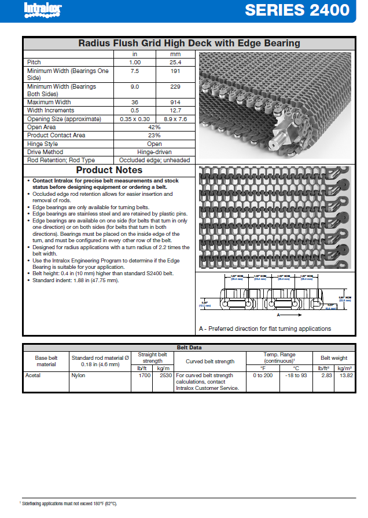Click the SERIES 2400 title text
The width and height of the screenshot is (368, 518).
click(x=297, y=10)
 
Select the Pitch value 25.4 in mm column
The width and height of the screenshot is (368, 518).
click(x=175, y=62)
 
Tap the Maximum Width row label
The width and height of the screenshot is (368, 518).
click(x=49, y=102)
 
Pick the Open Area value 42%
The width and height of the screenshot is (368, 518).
click(x=154, y=127)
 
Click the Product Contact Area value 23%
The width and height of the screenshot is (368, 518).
click(x=154, y=135)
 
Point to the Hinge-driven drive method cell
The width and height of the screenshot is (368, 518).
click(x=154, y=152)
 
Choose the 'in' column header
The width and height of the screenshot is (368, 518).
click(x=134, y=54)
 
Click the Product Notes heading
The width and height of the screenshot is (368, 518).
click(x=109, y=170)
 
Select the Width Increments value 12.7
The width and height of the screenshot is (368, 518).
click(x=175, y=110)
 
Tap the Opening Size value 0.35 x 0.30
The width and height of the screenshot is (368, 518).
click(x=134, y=119)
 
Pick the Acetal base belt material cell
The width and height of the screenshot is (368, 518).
click(x=33, y=375)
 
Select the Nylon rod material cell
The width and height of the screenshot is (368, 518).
click(x=78, y=375)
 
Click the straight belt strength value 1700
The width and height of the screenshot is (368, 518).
click(x=145, y=375)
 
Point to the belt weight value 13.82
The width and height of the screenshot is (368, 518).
click(x=345, y=375)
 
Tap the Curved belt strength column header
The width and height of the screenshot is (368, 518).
click(x=210, y=361)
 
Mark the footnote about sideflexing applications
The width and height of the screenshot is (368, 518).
click(x=69, y=504)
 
